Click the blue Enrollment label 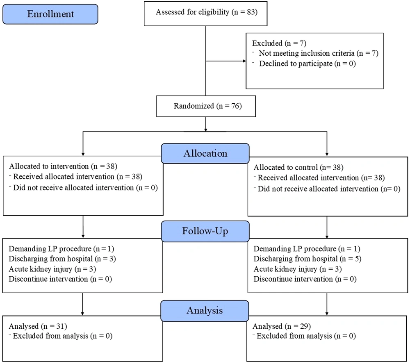click(x=50, y=14)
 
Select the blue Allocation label click(x=205, y=153)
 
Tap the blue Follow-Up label click(x=205, y=231)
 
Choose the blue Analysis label click(x=205, y=311)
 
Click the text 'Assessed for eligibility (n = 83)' click(x=207, y=12)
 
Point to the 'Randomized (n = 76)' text click(x=207, y=106)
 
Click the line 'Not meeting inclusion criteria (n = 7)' click(x=319, y=53)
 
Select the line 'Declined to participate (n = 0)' click(x=307, y=64)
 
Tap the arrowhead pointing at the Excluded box click(x=244, y=61)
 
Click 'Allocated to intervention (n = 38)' click(x=63, y=166)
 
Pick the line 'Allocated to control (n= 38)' click(x=298, y=167)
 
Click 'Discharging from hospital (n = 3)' click(x=62, y=259)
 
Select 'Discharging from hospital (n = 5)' click(x=307, y=259)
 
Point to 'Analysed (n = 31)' click(x=38, y=326)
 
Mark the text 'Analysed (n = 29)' click(x=282, y=326)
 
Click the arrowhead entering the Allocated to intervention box click(x=83, y=154)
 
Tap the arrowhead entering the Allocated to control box click(x=327, y=155)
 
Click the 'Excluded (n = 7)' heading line click(x=279, y=43)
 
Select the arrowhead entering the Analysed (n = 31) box click(x=82, y=314)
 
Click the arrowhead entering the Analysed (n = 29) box click(x=327, y=314)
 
